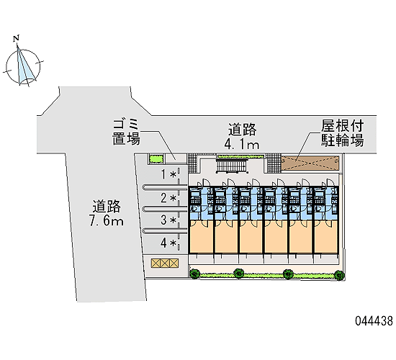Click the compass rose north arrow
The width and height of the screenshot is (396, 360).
pyautogui.click(x=23, y=66)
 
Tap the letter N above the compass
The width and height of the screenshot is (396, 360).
pyautogui.click(x=17, y=38)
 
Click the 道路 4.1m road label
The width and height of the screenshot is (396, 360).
pyautogui.click(x=242, y=136)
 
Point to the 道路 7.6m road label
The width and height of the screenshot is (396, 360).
pyautogui.click(x=107, y=213)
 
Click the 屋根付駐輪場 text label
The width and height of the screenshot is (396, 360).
pyautogui.click(x=342, y=133)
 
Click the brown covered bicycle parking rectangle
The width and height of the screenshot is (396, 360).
pyautogui.click(x=310, y=163)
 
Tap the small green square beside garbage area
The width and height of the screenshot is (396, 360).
pyautogui.click(x=156, y=159)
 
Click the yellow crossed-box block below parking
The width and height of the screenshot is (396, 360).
pyautogui.click(x=165, y=263)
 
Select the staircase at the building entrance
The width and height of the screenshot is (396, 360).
pyautogui.click(x=232, y=166)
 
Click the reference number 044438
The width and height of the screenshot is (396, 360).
pyautogui.click(x=374, y=321)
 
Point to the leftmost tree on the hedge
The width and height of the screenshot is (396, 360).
pyautogui.click(x=194, y=274)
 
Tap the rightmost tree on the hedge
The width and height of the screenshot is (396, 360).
pyautogui.click(x=339, y=275)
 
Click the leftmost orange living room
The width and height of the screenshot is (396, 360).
pyautogui.click(x=202, y=236)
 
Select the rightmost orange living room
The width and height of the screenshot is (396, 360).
pyautogui.click(x=326, y=236)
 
